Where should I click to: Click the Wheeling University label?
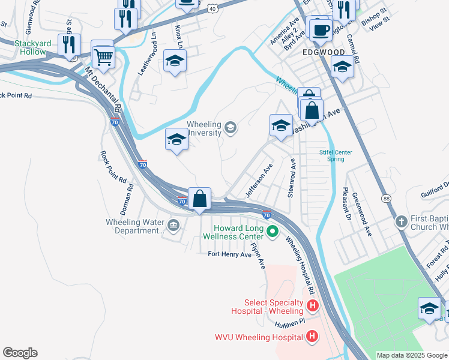pyautogui.click(x=204, y=128)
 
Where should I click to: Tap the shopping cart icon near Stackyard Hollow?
pyautogui.click(x=103, y=56)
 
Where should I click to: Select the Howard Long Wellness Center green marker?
pyautogui.click(x=272, y=230)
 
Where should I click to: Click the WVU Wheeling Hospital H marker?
pyautogui.click(x=312, y=337)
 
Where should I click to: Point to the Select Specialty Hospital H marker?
pyautogui.click(x=312, y=307)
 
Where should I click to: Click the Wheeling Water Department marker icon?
pyautogui.click(x=174, y=226)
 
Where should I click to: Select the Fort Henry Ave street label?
pyautogui.click(x=229, y=254)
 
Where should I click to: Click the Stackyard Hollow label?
pyautogui.click(x=22, y=47)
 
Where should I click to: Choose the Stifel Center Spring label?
pyautogui.click(x=336, y=155)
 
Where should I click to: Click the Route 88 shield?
pyautogui.click(x=385, y=197)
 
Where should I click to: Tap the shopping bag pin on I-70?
pyautogui.click(x=199, y=198)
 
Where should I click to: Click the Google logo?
pyautogui.click(x=20, y=353)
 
